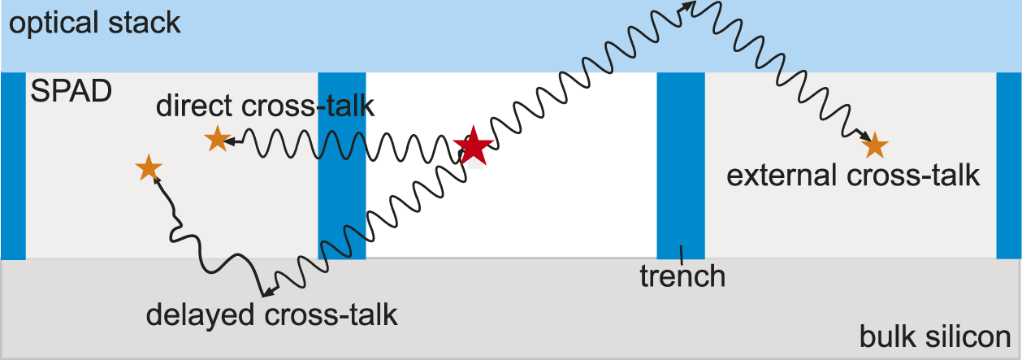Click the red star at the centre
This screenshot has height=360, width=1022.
point(473,148)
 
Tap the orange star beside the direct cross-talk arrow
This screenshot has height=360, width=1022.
point(217,140)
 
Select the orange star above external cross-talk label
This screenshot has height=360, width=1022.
point(874,145)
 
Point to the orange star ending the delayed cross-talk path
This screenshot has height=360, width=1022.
point(148,167)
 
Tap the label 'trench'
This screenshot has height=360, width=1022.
point(682,276)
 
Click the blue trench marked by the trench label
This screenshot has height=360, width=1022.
point(680,163)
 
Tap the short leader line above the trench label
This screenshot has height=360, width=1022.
point(681,253)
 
